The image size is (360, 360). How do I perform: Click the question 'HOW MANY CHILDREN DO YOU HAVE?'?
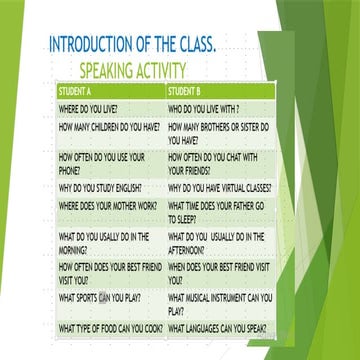click(109, 128)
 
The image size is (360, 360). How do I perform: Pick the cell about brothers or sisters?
click(220, 134)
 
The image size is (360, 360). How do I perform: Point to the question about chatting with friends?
click(213, 163)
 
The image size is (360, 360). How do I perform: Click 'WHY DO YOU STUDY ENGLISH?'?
click(100, 187)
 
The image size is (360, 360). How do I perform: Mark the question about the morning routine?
click(104, 243)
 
